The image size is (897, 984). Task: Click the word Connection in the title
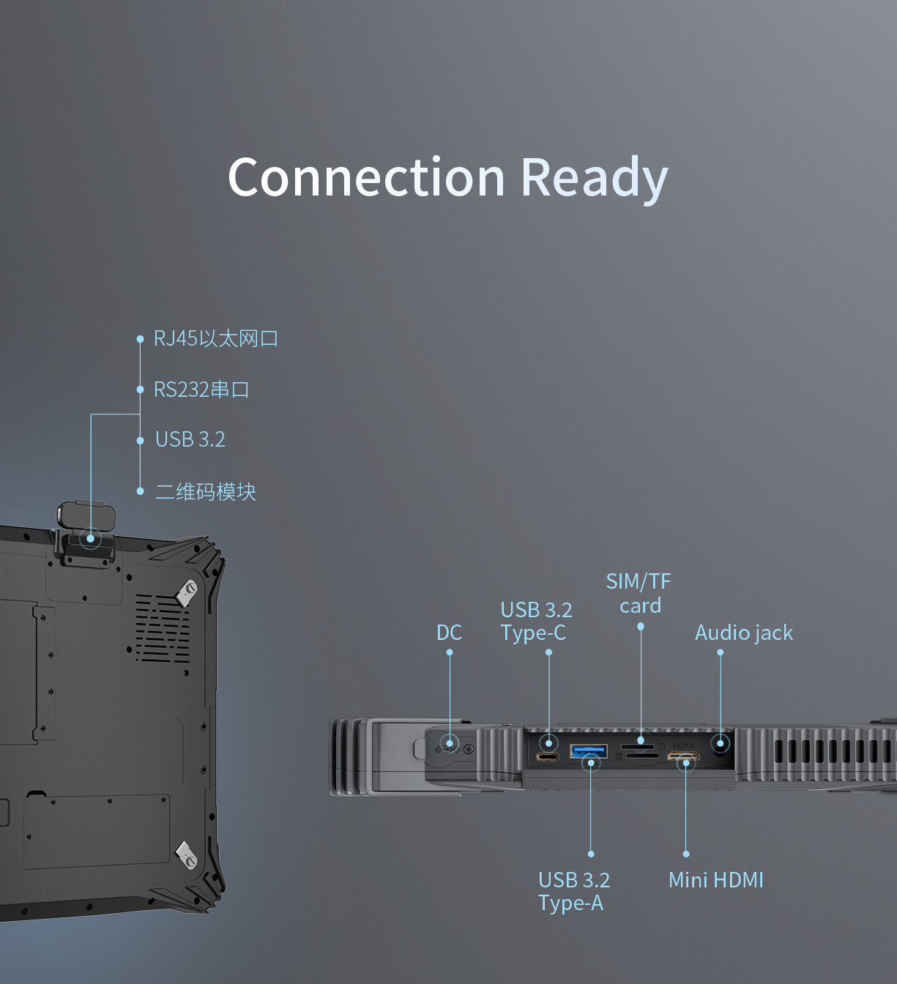pos(366,178)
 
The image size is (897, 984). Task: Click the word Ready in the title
pos(594,178)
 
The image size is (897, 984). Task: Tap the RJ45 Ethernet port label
pos(215,338)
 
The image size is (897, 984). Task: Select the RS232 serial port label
pos(201,389)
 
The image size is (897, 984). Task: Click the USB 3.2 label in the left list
pos(190,439)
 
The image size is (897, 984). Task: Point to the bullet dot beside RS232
pos(140,389)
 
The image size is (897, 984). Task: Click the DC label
pos(449,633)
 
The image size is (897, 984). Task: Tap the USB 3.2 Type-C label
pos(536,621)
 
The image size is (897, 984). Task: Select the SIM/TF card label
pos(639,593)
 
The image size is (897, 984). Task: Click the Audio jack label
pos(743,633)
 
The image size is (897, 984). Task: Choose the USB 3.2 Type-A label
pos(573,891)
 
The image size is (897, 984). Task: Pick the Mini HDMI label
pos(715,880)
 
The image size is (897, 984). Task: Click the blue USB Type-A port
pos(588,751)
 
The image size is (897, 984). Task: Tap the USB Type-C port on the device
pos(548,756)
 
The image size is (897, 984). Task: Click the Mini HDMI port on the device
pos(683,757)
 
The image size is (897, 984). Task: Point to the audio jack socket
pos(721,744)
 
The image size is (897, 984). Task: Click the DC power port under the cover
pos(449,748)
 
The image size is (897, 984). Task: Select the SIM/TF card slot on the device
pos(639,748)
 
